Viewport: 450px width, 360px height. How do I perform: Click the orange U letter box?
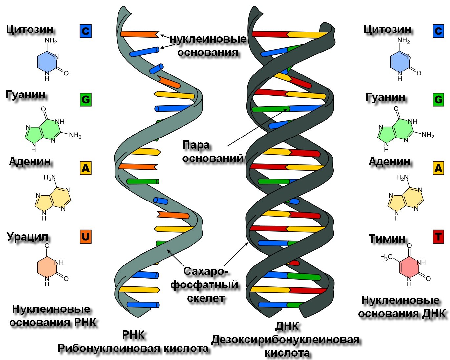click(x=86, y=237)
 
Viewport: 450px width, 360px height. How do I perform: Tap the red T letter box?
click(x=438, y=237)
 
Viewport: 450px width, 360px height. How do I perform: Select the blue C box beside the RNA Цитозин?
click(x=86, y=31)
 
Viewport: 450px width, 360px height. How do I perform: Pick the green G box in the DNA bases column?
click(x=438, y=99)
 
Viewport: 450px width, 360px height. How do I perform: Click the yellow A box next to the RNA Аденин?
click(x=86, y=168)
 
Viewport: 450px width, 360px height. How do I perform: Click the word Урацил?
click(x=28, y=237)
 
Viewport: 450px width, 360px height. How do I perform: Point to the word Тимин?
click(x=387, y=239)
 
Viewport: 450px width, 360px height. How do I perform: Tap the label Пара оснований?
click(x=213, y=152)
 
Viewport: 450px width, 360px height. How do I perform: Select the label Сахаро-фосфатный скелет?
click(x=205, y=285)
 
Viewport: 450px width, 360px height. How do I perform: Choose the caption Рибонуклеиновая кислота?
click(x=133, y=349)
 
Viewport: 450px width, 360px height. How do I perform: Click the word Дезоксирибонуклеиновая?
click(x=285, y=340)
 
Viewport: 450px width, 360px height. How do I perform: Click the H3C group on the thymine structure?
click(x=386, y=257)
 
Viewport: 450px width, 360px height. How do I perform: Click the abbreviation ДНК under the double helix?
click(x=287, y=326)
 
